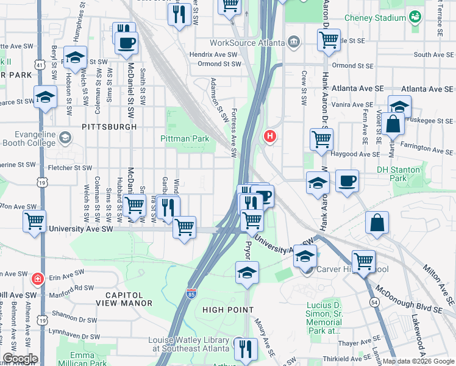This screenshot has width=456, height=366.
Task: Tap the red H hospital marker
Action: [269, 137]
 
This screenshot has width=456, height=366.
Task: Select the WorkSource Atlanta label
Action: [247, 43]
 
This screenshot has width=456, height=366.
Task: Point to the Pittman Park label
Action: [184, 138]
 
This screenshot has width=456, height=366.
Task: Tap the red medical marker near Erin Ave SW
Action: [38, 279]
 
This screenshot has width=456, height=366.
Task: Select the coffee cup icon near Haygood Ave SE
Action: [347, 181]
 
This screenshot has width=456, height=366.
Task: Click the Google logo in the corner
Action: [20, 359]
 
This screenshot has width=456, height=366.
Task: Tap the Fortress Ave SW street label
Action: [233, 132]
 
